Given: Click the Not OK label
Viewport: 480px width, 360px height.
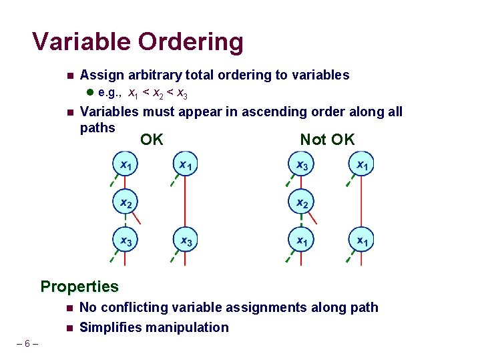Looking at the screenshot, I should click(x=327, y=140).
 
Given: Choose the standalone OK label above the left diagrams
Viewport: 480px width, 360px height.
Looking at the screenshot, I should click(x=152, y=140).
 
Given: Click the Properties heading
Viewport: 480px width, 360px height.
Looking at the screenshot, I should click(x=79, y=287).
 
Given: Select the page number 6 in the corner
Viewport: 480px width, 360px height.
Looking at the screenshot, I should click(x=26, y=344).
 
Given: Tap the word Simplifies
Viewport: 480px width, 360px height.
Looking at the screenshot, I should click(x=111, y=327).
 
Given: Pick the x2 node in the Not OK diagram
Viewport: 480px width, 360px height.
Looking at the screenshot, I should click(x=302, y=202).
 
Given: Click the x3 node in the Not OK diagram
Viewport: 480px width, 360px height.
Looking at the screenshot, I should click(x=302, y=164).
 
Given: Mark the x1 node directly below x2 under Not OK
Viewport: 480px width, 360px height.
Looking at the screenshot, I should click(x=302, y=240).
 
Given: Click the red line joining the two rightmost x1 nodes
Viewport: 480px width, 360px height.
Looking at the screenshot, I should click(x=361, y=202).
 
